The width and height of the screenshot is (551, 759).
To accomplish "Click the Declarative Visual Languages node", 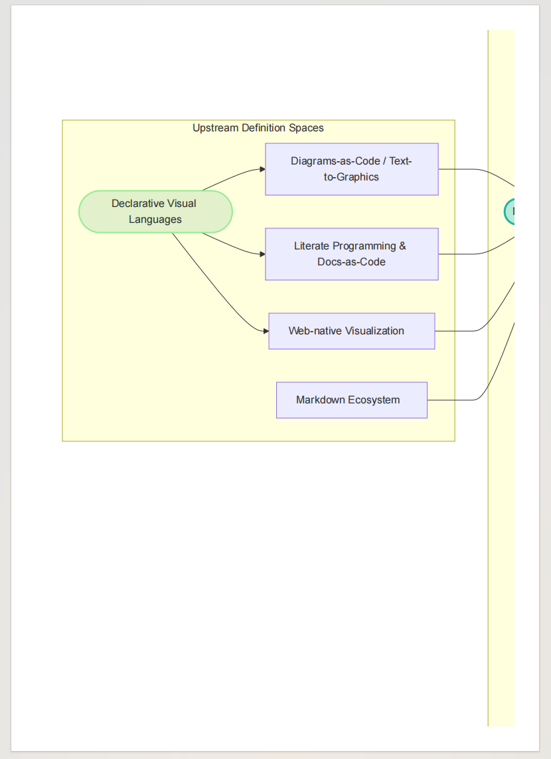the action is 155,212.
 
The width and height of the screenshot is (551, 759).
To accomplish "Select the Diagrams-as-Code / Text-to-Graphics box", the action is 352,169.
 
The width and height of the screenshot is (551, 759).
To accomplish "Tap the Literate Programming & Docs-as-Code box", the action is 352,254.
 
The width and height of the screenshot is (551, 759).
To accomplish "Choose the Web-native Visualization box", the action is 352,331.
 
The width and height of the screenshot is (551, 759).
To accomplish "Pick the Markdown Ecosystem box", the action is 352,400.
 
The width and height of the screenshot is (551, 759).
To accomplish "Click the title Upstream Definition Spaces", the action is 258,128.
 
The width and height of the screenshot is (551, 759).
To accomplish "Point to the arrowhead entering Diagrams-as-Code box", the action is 262,169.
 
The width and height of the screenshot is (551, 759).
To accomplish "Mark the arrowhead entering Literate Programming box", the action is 262,254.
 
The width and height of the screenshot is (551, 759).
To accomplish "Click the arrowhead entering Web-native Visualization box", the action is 266,331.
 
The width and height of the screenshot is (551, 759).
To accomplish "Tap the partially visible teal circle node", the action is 509,212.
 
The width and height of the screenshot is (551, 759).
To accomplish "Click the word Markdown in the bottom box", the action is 321,400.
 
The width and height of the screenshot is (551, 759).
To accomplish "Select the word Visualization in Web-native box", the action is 375,330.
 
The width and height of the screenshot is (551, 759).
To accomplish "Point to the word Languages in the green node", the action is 155,220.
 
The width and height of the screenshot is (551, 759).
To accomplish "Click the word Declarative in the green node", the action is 137,203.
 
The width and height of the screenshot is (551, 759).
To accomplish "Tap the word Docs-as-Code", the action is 352,262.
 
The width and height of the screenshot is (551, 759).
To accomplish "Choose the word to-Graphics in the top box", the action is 352,177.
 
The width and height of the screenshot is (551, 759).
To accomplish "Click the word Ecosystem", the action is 374,400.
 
